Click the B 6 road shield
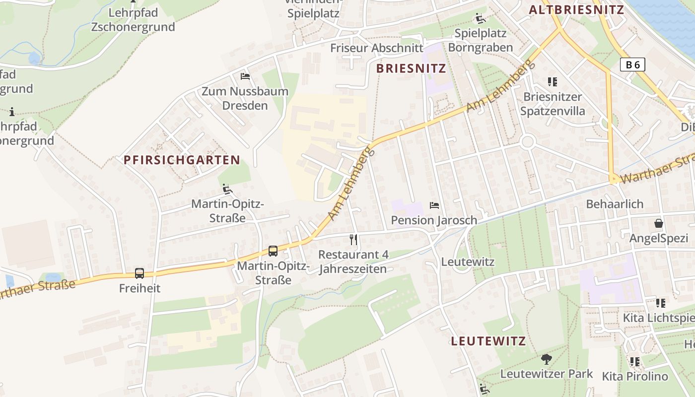(x=632, y=64)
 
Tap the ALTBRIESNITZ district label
(x=576, y=9)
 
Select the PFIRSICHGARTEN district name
(x=182, y=160)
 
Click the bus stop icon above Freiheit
(x=139, y=273)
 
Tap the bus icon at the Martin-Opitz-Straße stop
(x=273, y=251)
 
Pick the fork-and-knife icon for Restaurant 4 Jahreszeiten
(x=353, y=240)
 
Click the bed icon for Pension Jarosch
(x=434, y=205)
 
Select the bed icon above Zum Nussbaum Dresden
(x=245, y=76)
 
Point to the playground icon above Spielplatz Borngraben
(x=480, y=19)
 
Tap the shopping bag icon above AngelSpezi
(x=658, y=223)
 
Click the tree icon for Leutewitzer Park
(x=547, y=358)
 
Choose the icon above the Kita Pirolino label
(x=635, y=362)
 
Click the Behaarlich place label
(x=615, y=204)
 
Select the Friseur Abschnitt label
(x=377, y=48)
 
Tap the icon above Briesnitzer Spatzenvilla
(x=553, y=81)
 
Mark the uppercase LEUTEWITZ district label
(x=488, y=341)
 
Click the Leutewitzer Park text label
(x=547, y=374)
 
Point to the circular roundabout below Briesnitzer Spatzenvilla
(x=527, y=142)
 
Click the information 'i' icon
(x=12, y=112)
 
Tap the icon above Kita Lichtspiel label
(x=661, y=303)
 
